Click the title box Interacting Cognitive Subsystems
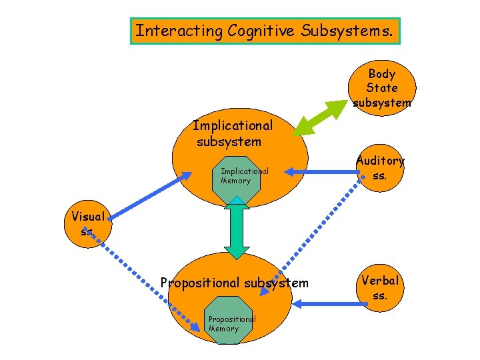click(265, 31)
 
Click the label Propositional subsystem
click(235, 283)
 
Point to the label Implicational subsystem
click(232, 133)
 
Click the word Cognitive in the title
click(260, 31)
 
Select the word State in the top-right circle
click(382, 88)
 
